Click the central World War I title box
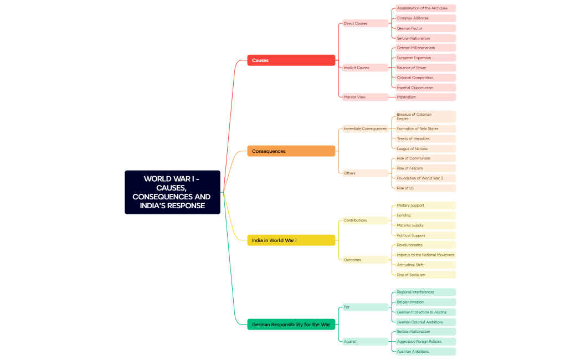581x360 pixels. pos(172,192)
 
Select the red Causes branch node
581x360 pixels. pos(291,60)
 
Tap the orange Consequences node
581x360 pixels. pos(291,151)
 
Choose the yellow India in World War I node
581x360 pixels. pos(291,240)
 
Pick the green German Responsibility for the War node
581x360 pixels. pos(291,325)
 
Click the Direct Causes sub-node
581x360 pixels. pos(364,23)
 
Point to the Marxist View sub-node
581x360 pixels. pos(364,97)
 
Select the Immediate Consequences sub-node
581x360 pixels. pos(365,128)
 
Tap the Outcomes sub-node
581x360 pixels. pos(364,260)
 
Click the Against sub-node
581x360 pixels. pos(364,341)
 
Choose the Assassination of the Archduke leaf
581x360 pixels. pos(425,8)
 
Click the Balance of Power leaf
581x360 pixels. pos(425,68)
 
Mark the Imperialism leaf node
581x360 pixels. pos(425,97)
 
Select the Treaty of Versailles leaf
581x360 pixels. pos(425,138)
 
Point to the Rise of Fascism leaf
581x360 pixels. pos(425,168)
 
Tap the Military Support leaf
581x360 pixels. pos(425,205)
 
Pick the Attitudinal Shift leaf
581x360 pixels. pos(425,265)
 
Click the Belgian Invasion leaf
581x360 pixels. pos(425,302)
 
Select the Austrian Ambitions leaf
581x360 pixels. pos(425,351)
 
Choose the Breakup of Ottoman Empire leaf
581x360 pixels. pos(425,116)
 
